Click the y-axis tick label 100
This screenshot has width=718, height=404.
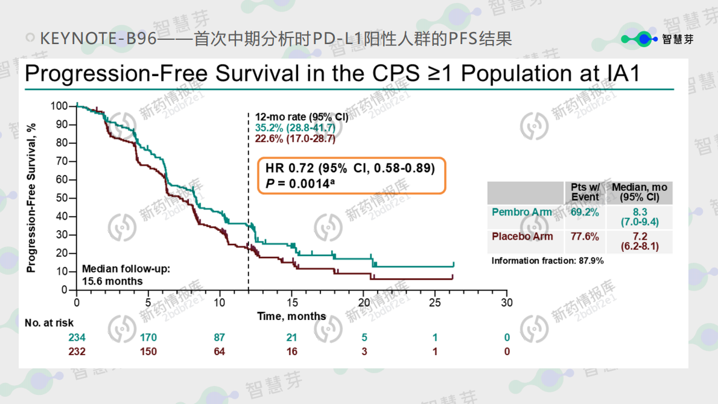[59, 106]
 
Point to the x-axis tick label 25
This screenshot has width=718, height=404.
[435, 303]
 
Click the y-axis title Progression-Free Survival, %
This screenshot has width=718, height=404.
[31, 198]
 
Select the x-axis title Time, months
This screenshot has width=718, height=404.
[291, 316]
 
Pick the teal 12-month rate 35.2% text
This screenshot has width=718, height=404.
[294, 127]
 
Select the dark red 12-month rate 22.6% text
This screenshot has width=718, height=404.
[294, 138]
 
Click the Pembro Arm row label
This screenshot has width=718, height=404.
[522, 212]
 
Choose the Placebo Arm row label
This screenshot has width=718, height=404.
[522, 236]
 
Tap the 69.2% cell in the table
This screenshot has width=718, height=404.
[585, 212]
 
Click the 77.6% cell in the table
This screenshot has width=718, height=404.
[585, 236]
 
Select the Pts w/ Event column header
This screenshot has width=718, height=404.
[585, 192]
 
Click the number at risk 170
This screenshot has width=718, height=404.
[148, 338]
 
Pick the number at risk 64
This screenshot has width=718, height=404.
[219, 351]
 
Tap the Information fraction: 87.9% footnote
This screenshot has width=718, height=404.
[547, 261]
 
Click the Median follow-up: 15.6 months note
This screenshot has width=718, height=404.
[126, 275]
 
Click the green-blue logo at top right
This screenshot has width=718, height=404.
[640, 39]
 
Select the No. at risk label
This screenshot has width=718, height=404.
[49, 323]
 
